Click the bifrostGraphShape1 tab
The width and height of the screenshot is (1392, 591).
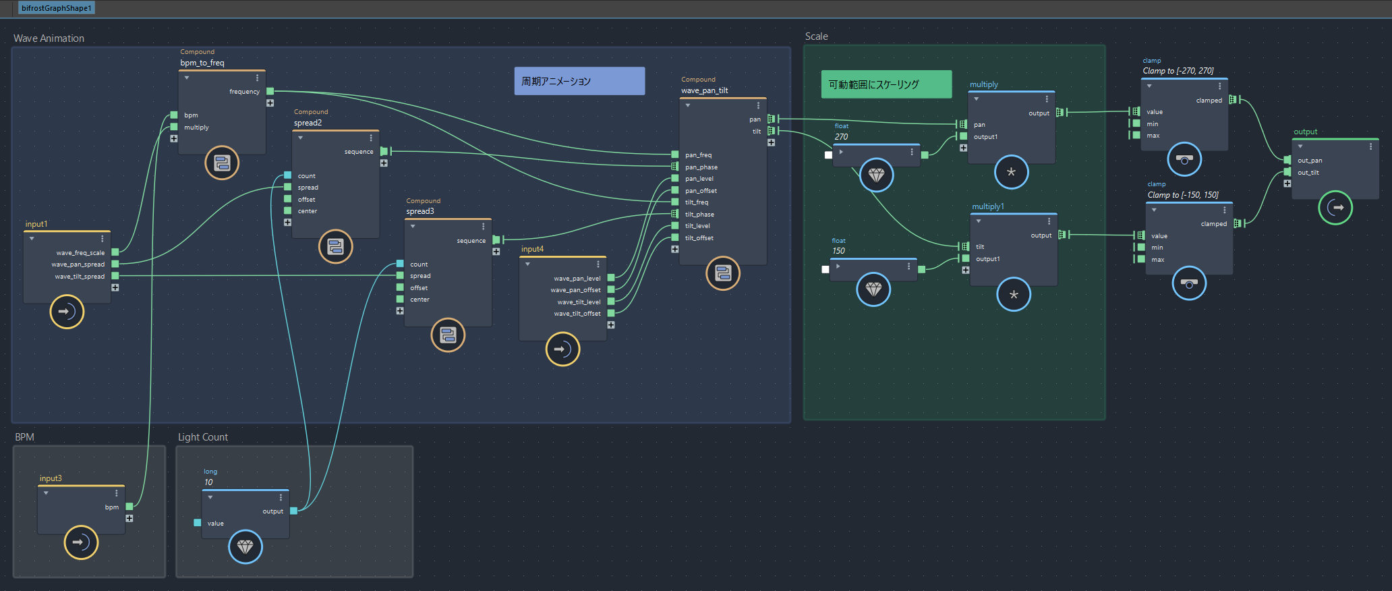coord(56,8)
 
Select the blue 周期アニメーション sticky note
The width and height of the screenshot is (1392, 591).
coord(579,81)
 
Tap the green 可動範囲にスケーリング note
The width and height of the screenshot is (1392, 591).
coord(886,84)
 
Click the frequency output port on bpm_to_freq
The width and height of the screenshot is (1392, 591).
coord(270,91)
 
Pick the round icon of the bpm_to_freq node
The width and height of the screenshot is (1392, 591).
coord(222,163)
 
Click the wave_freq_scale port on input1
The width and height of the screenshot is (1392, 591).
coord(115,252)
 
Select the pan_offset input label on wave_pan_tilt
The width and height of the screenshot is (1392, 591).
coord(701,191)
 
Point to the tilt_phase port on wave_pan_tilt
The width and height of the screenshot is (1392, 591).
coord(675,214)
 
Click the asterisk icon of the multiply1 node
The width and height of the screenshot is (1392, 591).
coord(1014,294)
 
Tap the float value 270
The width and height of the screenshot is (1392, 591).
coord(841,136)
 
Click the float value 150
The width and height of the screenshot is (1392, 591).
coord(838,250)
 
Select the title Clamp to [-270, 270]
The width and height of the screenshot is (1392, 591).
coord(1178,71)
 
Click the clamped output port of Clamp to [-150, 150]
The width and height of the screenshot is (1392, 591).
coord(1237,223)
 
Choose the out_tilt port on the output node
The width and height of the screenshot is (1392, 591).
coord(1287,172)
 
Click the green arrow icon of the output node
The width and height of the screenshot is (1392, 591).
coord(1335,207)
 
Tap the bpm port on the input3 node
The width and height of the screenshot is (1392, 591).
coord(129,506)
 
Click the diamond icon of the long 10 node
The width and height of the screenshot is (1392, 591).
coord(245,546)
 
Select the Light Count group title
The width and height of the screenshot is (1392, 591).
coord(203,437)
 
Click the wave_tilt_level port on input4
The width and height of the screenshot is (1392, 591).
coord(611,302)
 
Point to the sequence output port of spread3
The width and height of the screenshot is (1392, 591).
coord(496,240)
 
